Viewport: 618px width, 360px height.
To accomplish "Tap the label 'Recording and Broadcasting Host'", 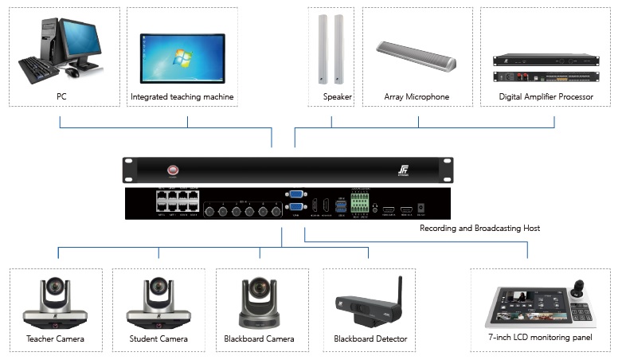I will pos(479,229).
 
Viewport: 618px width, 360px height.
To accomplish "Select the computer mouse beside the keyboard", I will pos(72,72).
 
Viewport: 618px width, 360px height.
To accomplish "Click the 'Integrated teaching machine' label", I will pos(182,97).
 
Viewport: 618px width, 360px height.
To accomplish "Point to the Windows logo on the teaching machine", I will pos(182,58).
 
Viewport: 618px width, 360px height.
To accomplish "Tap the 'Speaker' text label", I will pos(337,97).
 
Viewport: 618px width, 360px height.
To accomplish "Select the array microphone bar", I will pos(417,57).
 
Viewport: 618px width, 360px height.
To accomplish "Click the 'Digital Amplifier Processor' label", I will pos(546,97).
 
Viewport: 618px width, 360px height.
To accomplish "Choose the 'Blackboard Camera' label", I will pos(259,339).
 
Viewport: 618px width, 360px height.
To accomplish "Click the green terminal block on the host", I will pos(362,202).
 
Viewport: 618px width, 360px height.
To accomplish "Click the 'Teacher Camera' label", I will pos(55,339).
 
